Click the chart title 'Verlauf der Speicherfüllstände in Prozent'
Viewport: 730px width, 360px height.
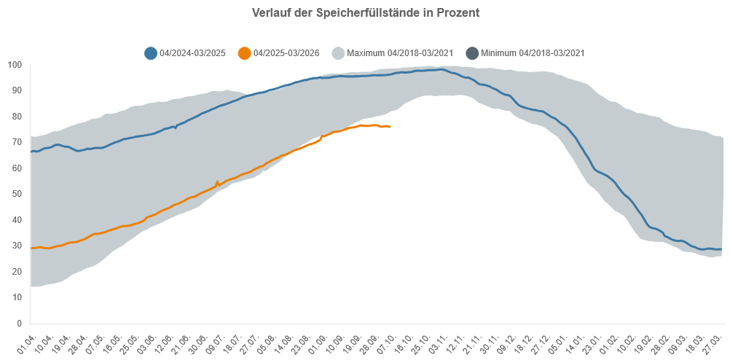coord(365,13)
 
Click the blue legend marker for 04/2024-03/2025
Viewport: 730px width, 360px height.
coord(151,53)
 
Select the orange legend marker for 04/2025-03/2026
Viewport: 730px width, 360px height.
coord(245,53)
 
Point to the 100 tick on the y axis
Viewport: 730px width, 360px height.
coord(15,65)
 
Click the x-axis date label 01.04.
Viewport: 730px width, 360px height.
coord(27,341)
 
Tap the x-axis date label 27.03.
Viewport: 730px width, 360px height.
coord(716,341)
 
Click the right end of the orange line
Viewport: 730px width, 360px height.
coord(390,127)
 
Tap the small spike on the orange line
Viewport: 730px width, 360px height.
coord(217,181)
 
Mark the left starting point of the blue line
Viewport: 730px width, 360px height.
coord(31,152)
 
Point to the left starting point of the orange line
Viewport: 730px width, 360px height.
coord(31,249)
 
